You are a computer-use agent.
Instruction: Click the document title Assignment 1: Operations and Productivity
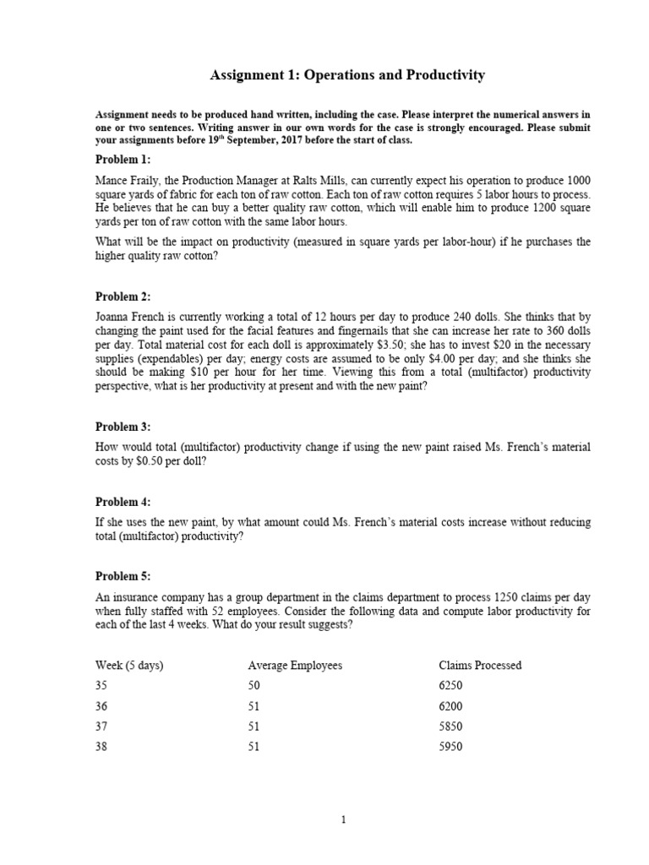tap(346, 76)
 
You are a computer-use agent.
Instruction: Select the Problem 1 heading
tap(123, 159)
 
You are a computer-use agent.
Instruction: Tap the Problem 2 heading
tap(123, 296)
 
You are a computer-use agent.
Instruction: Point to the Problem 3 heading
tap(123, 427)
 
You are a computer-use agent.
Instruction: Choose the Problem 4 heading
tap(123, 502)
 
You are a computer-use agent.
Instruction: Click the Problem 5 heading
tap(123, 576)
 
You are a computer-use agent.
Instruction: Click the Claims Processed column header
tap(474, 666)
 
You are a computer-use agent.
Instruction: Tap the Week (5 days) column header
tap(129, 666)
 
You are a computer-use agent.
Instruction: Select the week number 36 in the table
tap(101, 706)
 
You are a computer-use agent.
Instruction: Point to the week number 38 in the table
tap(101, 747)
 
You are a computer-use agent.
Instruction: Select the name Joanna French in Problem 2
tap(128, 318)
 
